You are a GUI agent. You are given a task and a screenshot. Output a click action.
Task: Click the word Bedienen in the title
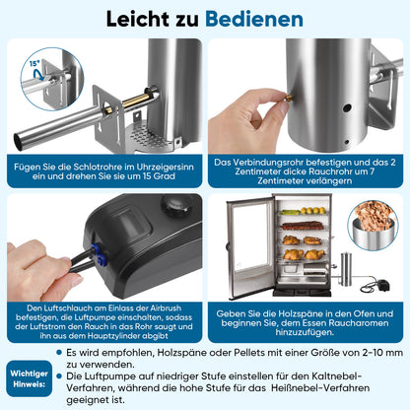pyautogui.click(x=254, y=19)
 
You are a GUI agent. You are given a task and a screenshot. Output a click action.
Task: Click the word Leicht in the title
pyautogui.click(x=138, y=19)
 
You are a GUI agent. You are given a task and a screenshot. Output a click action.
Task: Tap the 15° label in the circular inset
pyautogui.click(x=34, y=63)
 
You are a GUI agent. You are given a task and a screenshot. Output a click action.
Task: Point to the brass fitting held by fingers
pyautogui.click(x=289, y=98)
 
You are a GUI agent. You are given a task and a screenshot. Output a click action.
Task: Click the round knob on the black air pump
pyautogui.click(x=177, y=205)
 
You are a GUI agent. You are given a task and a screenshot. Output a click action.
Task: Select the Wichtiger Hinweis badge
pyautogui.click(x=29, y=378)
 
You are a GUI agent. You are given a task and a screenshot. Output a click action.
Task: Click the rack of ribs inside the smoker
pyautogui.click(x=303, y=226)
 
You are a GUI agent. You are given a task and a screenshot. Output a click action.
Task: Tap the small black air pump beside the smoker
pyautogui.click(x=383, y=285)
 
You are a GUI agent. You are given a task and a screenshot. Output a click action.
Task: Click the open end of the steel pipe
pyautogui.click(x=18, y=142)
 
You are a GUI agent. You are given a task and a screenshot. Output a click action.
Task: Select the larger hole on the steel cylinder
pyautogui.click(x=347, y=107)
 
